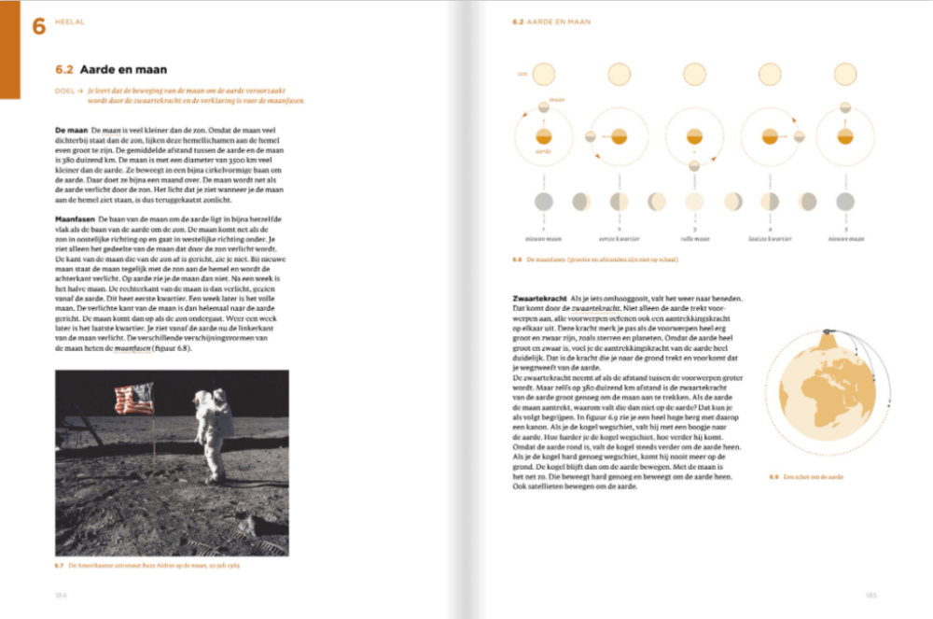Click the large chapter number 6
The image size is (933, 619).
(x=38, y=26)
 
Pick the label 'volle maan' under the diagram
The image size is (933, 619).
(x=694, y=239)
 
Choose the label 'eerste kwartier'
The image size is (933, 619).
(x=619, y=239)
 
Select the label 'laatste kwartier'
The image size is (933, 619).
(x=770, y=239)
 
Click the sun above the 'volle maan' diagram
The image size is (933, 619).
(x=694, y=74)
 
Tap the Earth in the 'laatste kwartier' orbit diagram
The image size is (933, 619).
(x=770, y=137)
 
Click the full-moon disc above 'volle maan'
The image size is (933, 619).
(x=694, y=201)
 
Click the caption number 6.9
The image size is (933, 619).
(x=773, y=477)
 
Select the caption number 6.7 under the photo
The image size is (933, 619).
(x=61, y=564)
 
